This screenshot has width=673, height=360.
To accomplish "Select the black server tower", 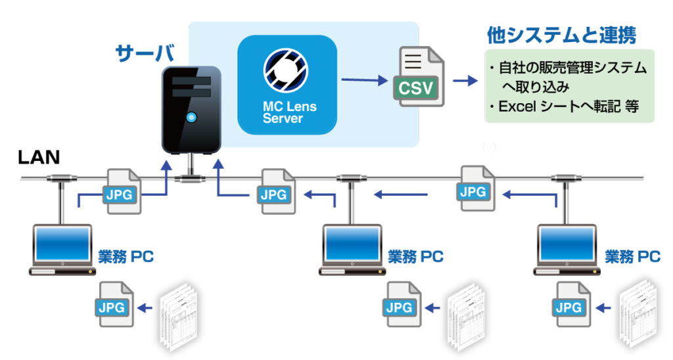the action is [191, 110].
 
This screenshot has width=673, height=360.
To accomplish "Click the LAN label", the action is [39, 158].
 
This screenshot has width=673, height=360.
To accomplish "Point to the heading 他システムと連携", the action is [561, 35].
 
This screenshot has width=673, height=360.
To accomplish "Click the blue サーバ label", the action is [145, 54].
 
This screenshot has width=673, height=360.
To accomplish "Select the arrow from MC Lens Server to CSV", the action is [365, 79].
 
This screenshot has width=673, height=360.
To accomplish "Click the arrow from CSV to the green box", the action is [465, 80].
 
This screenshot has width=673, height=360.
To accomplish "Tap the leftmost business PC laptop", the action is [62, 250].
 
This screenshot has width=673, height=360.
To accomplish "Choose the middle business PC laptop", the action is [352, 250].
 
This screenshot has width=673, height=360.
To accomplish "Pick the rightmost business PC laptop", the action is [567, 250].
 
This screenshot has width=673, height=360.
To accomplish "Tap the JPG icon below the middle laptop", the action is [402, 304].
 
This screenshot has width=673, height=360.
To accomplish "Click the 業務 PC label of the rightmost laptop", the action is [633, 257].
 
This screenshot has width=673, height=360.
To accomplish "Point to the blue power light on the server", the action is [191, 117].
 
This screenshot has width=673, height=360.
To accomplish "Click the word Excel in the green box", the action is [517, 106].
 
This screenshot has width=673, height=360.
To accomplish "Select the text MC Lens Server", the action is [290, 112].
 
